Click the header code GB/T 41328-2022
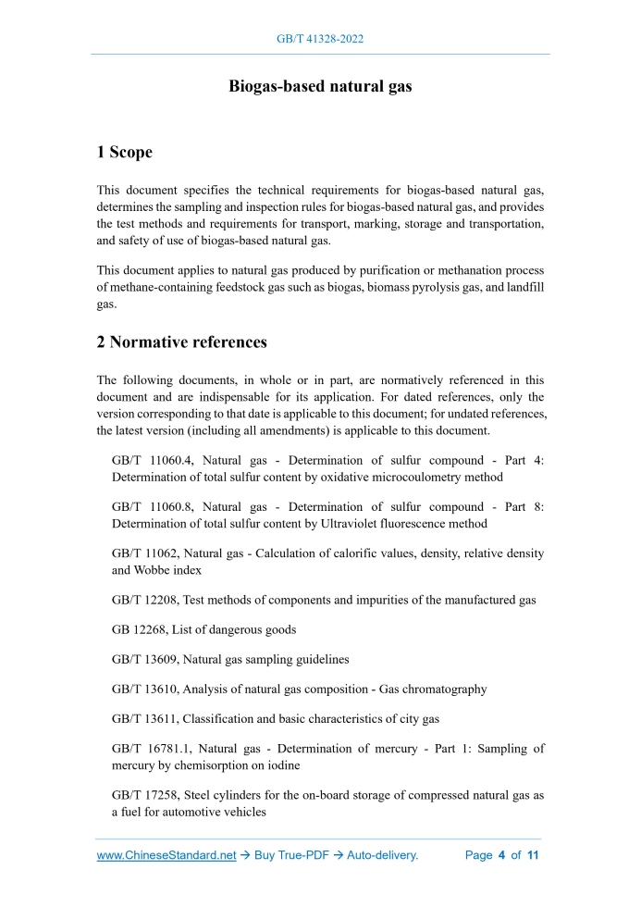click(320, 39)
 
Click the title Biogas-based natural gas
click(320, 86)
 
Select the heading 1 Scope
click(125, 152)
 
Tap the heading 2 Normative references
click(182, 342)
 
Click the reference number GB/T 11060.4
click(151, 460)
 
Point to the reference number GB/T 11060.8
click(151, 507)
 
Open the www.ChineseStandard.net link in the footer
click(166, 855)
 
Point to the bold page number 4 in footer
click(501, 855)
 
